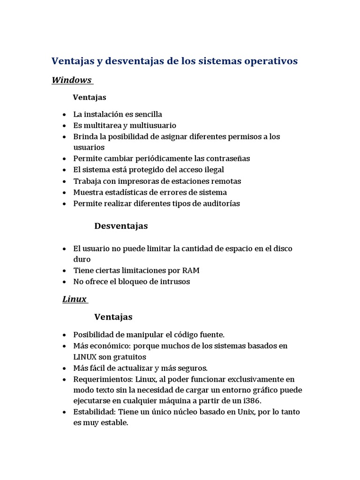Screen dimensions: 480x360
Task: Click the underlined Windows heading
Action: coord(72,80)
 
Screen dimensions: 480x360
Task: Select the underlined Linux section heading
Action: coord(75,299)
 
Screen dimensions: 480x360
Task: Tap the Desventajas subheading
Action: coord(121,226)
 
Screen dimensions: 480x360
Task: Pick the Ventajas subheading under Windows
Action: coord(90,97)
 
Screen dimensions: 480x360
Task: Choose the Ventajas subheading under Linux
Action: coord(113,317)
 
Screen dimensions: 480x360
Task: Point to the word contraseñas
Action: coord(226,158)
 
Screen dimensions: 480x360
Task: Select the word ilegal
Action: coord(213,170)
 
